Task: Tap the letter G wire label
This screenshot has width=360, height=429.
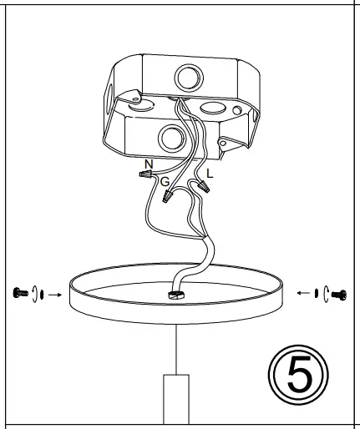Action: tap(165, 181)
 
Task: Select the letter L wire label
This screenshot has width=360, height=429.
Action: tap(209, 174)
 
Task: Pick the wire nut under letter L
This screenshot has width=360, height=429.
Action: tap(202, 187)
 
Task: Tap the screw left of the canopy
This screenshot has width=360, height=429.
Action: tap(19, 292)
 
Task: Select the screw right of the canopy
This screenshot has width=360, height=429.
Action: tap(339, 293)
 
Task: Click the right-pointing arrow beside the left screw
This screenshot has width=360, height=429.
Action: tap(53, 294)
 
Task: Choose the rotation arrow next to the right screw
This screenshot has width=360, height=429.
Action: tap(327, 293)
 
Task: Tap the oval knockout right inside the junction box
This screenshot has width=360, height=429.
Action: tap(212, 109)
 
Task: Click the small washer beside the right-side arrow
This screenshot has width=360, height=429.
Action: tap(317, 293)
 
